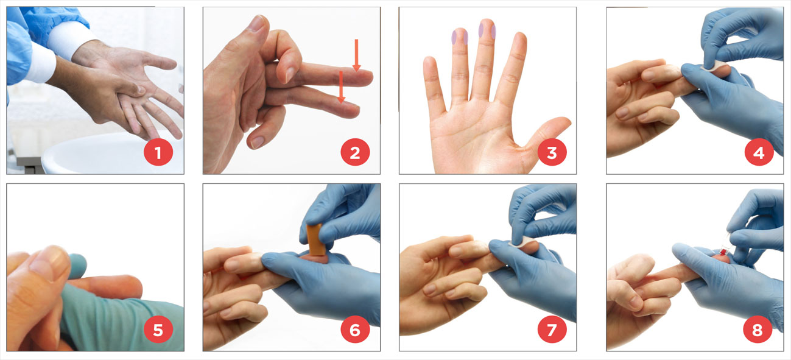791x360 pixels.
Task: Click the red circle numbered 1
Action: click(158, 153)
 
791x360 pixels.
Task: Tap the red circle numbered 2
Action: click(355, 153)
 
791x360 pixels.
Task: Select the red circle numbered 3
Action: click(552, 153)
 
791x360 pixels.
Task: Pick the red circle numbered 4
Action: click(759, 153)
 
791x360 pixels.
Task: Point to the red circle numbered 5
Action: click(158, 330)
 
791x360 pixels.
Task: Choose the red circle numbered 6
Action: click(355, 330)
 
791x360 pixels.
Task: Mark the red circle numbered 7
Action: click(552, 330)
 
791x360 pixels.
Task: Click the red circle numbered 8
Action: click(758, 330)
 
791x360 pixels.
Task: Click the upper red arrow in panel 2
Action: click(357, 55)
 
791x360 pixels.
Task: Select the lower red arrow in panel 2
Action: click(341, 87)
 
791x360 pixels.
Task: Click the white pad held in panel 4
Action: click(712, 66)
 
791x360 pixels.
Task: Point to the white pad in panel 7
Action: click(520, 242)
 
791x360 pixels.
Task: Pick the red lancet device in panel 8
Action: click(722, 252)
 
